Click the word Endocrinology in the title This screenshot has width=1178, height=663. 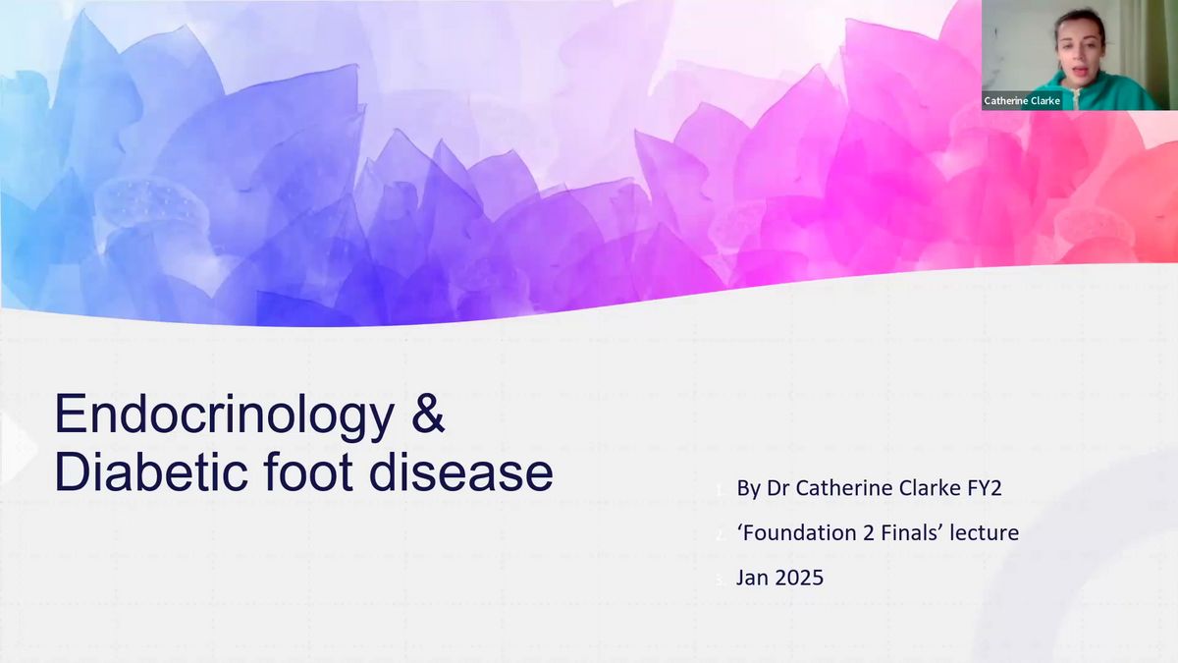pyautogui.click(x=225, y=415)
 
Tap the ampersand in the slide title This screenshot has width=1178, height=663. pyautogui.click(x=428, y=414)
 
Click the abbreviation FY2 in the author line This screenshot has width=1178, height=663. pyautogui.click(x=984, y=488)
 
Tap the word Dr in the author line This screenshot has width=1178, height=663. pyautogui.click(x=778, y=488)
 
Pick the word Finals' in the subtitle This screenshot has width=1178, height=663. pyautogui.click(x=911, y=533)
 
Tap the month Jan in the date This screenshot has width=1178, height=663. pyautogui.click(x=752, y=578)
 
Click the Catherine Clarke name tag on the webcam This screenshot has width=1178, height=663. pyautogui.click(x=1022, y=100)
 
